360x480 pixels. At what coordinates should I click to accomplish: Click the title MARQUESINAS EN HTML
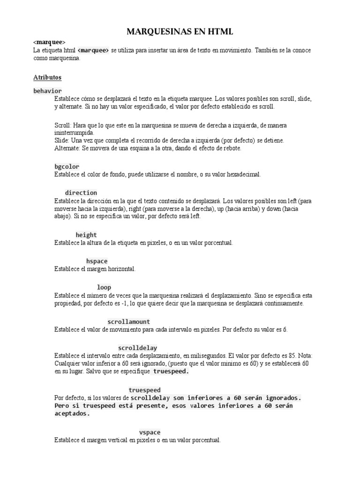(180, 31)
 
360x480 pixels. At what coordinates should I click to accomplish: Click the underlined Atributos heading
(47, 77)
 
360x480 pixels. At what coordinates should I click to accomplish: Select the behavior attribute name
(47, 90)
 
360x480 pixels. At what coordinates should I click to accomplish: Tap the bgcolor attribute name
(67, 166)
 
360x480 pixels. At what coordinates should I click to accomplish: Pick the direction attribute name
(81, 193)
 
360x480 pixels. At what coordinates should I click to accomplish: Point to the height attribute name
(86, 235)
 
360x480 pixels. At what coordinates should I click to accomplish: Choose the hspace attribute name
(97, 261)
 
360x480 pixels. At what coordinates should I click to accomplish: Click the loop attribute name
(104, 287)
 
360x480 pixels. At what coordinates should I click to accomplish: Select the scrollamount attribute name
(129, 322)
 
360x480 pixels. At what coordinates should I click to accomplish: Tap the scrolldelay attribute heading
(137, 348)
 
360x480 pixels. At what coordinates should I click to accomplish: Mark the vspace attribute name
(150, 432)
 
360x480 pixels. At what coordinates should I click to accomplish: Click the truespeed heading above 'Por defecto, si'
(144, 390)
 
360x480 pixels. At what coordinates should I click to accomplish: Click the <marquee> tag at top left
(49, 42)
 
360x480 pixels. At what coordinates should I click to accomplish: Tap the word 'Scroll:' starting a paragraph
(63, 125)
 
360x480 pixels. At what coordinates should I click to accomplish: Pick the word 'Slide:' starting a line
(62, 141)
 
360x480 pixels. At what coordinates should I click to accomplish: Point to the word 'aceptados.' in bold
(72, 414)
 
